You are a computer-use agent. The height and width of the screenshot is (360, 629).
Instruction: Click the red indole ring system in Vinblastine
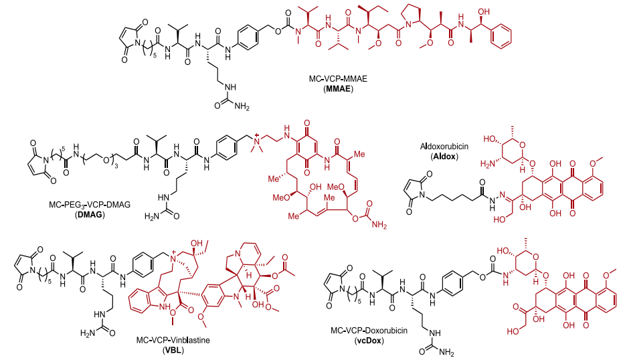point(151,295)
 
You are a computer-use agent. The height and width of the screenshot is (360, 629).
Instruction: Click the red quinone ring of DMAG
point(308,132)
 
